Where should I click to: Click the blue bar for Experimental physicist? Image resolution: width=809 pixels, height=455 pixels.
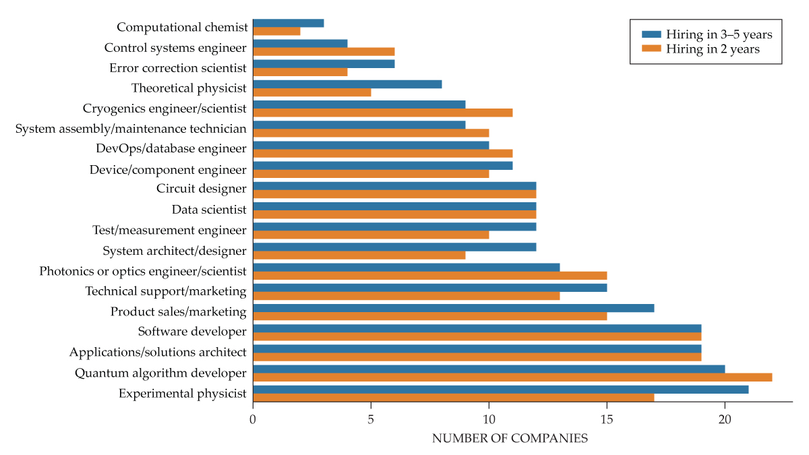(500, 389)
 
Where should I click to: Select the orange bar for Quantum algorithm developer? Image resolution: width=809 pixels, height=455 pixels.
(512, 377)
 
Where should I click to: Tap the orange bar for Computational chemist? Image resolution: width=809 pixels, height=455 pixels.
(276, 31)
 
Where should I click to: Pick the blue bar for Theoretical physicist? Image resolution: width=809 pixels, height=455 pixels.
(347, 84)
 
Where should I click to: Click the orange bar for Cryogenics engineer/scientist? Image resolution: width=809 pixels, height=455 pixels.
(382, 113)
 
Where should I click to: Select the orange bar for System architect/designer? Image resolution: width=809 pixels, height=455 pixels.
(359, 255)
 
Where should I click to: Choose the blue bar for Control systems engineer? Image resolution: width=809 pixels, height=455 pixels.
(300, 43)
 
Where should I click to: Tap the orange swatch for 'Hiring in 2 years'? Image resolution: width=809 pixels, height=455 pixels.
(652, 49)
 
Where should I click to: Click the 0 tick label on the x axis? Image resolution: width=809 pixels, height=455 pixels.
(253, 419)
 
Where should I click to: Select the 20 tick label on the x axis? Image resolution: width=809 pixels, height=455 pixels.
(725, 419)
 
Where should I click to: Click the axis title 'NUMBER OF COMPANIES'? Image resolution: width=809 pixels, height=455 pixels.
(510, 439)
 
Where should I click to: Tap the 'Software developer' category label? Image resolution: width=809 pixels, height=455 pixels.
(192, 331)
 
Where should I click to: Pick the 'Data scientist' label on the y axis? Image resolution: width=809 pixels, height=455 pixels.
(209, 210)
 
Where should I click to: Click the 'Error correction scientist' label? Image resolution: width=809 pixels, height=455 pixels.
(178, 67)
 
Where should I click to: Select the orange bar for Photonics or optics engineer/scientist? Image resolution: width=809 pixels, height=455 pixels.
(429, 275)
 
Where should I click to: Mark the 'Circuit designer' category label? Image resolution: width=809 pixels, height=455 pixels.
(202, 189)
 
